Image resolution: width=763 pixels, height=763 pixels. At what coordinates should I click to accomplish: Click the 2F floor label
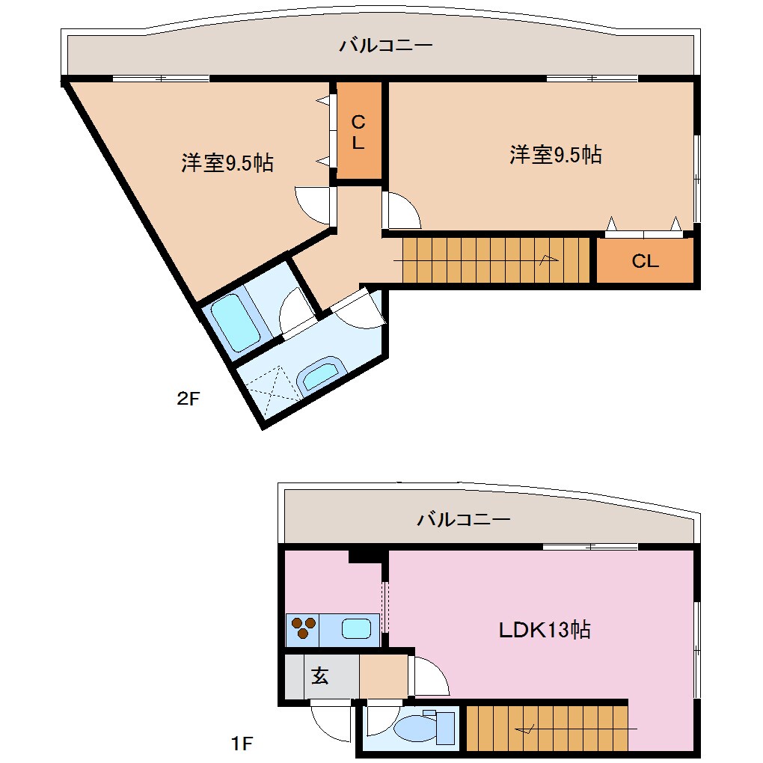click(189, 399)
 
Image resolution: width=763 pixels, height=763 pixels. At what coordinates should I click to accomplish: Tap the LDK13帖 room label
click(545, 630)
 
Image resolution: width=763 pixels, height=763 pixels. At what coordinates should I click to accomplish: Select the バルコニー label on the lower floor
click(464, 518)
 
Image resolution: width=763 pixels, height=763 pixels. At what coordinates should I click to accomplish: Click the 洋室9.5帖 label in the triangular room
click(227, 162)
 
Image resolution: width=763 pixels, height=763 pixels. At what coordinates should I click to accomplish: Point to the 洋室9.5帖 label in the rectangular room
click(556, 155)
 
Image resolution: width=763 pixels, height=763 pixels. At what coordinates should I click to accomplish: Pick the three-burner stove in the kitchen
click(303, 628)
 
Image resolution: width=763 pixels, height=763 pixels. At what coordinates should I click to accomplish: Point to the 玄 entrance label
click(320, 676)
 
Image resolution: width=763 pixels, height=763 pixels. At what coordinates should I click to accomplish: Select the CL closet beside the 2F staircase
click(646, 261)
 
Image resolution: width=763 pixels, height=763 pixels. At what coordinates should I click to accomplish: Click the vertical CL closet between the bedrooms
click(358, 132)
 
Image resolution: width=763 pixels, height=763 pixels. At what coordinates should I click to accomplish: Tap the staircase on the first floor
click(547, 726)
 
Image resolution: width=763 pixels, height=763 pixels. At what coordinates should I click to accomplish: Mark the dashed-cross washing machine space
click(270, 387)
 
